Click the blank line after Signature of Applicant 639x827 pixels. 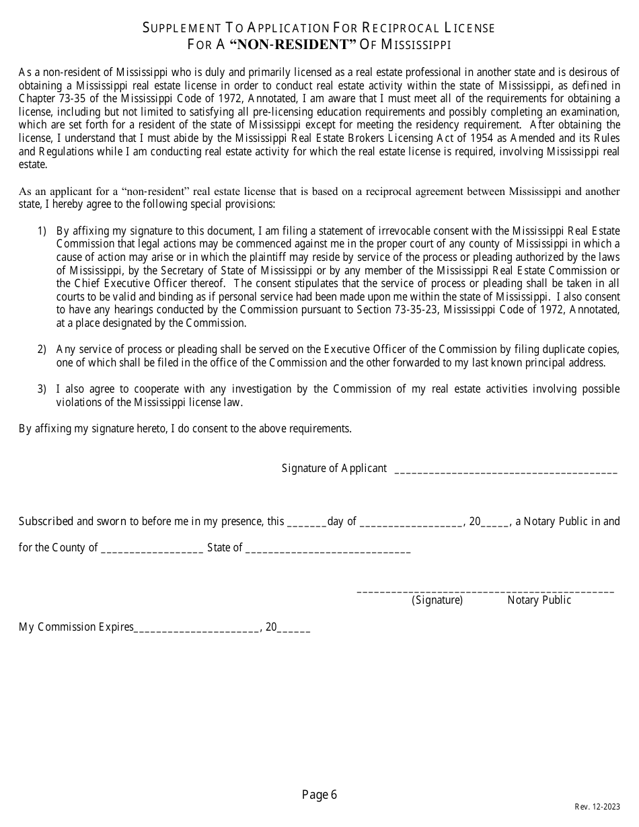[505, 471]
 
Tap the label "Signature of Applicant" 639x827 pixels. [334, 468]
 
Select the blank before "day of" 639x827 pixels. [307, 524]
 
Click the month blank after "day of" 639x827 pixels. [411, 524]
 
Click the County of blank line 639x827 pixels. [152, 550]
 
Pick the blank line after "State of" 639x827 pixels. [328, 550]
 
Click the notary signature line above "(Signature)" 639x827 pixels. [484, 591]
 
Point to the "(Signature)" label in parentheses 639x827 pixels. [437, 600]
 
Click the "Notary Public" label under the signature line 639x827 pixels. [539, 600]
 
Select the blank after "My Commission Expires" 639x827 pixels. [196, 629]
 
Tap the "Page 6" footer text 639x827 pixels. [319, 795]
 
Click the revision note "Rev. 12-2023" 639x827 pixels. [597, 807]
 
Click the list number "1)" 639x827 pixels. [42, 231]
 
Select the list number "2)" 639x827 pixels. [42, 349]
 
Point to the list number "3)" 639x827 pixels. [42, 389]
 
